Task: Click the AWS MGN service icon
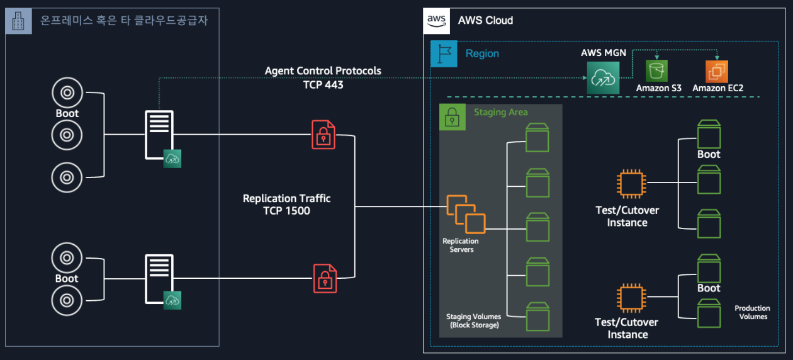[x=603, y=77]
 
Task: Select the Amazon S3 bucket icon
[x=656, y=71]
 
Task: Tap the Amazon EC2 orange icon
[x=716, y=72]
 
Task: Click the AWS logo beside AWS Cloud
[x=437, y=20]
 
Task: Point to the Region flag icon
[x=444, y=54]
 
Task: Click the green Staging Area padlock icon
[x=452, y=117]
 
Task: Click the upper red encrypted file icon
[x=323, y=134]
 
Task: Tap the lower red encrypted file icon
[x=325, y=278]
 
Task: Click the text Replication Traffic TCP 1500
[x=286, y=205]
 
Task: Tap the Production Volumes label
[x=753, y=312]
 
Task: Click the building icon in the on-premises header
[x=19, y=21]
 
